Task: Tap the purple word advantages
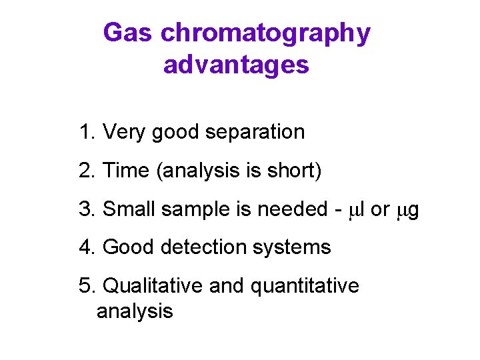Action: (236, 65)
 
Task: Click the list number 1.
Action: (85, 132)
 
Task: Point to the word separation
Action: (255, 133)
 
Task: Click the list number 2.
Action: (85, 171)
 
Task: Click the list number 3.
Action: (85, 209)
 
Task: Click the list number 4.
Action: (85, 247)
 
